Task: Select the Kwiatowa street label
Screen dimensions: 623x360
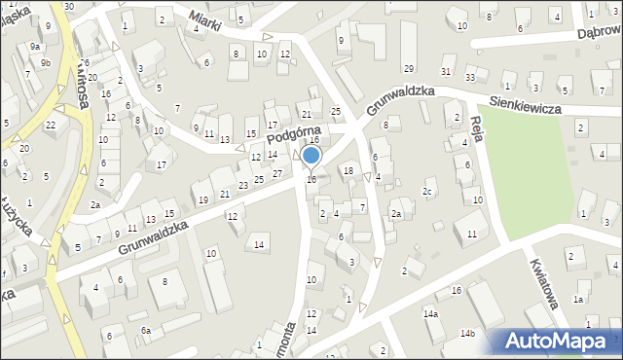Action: (544, 282)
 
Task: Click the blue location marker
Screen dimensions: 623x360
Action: (311, 157)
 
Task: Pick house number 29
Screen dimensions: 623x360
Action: (409, 68)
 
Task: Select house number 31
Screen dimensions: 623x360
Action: (446, 72)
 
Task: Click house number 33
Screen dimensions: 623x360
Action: (470, 77)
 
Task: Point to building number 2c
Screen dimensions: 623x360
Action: (427, 192)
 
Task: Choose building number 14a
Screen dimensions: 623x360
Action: (430, 314)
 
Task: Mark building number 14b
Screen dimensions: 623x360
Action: (468, 334)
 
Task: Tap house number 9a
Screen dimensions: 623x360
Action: (35, 47)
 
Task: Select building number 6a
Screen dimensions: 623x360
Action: (146, 331)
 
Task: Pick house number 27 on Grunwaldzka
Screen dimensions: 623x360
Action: (277, 173)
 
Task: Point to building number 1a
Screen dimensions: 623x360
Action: (578, 300)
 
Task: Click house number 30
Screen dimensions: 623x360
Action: (68, 6)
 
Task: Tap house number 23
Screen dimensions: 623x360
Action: (242, 185)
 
